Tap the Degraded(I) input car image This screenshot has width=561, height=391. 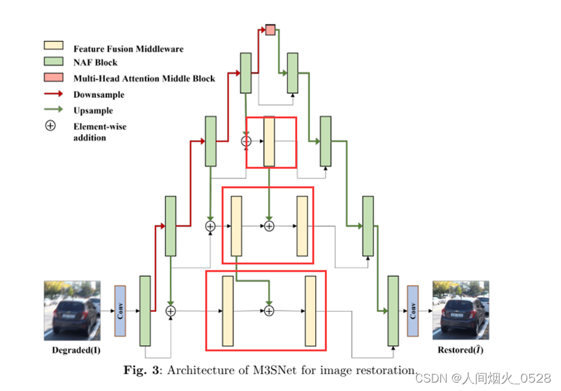71,310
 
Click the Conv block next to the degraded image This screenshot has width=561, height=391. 119,311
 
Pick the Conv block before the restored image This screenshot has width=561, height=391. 412,311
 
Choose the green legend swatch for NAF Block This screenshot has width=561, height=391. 53,63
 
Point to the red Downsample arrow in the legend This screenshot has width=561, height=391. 53,95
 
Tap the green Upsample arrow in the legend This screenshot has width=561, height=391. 53,110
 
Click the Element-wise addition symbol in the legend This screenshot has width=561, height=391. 50,126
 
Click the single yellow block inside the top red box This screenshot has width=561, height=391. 269,142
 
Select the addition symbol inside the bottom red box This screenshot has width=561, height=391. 269,311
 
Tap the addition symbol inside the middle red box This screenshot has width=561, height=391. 269,226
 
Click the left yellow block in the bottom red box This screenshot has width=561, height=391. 228,311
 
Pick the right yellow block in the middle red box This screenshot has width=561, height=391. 302,226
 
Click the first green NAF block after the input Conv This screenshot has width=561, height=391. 145,311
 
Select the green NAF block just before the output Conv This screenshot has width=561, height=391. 392,311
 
